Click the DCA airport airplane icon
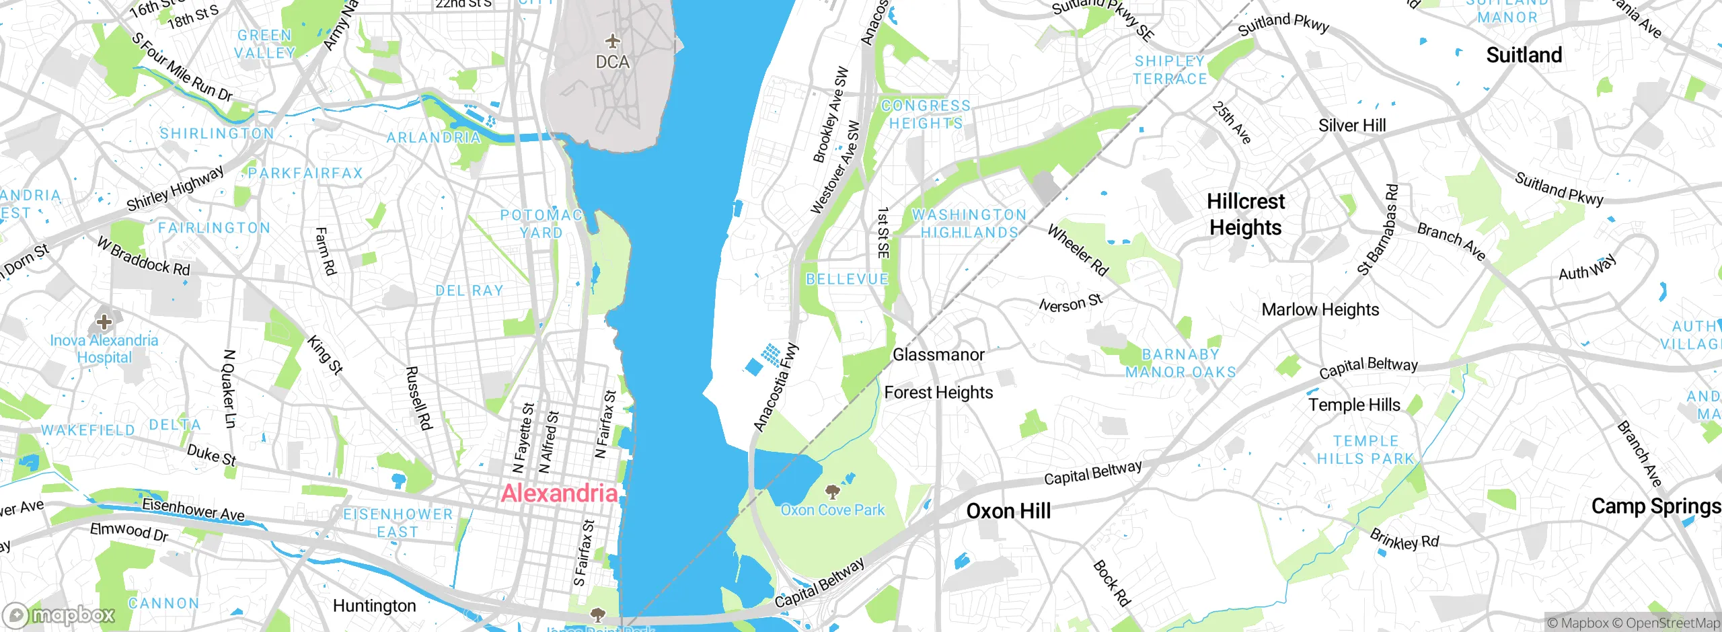click(x=612, y=42)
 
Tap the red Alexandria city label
click(x=559, y=493)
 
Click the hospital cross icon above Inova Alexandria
click(x=104, y=321)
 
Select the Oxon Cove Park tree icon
click(x=833, y=491)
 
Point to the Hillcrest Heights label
click(x=1246, y=214)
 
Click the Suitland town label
click(x=1524, y=55)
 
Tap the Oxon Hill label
click(x=1008, y=511)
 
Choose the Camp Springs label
click(x=1655, y=506)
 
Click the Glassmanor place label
click(x=938, y=354)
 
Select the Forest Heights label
click(x=938, y=392)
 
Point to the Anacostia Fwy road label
click(x=776, y=387)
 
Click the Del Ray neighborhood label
click(x=470, y=290)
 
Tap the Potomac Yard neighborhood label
click(x=541, y=224)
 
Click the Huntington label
click(x=374, y=606)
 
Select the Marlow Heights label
click(x=1320, y=309)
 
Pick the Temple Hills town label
click(x=1354, y=405)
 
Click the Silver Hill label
click(x=1352, y=126)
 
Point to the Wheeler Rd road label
click(x=1078, y=250)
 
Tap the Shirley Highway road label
click(x=175, y=188)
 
